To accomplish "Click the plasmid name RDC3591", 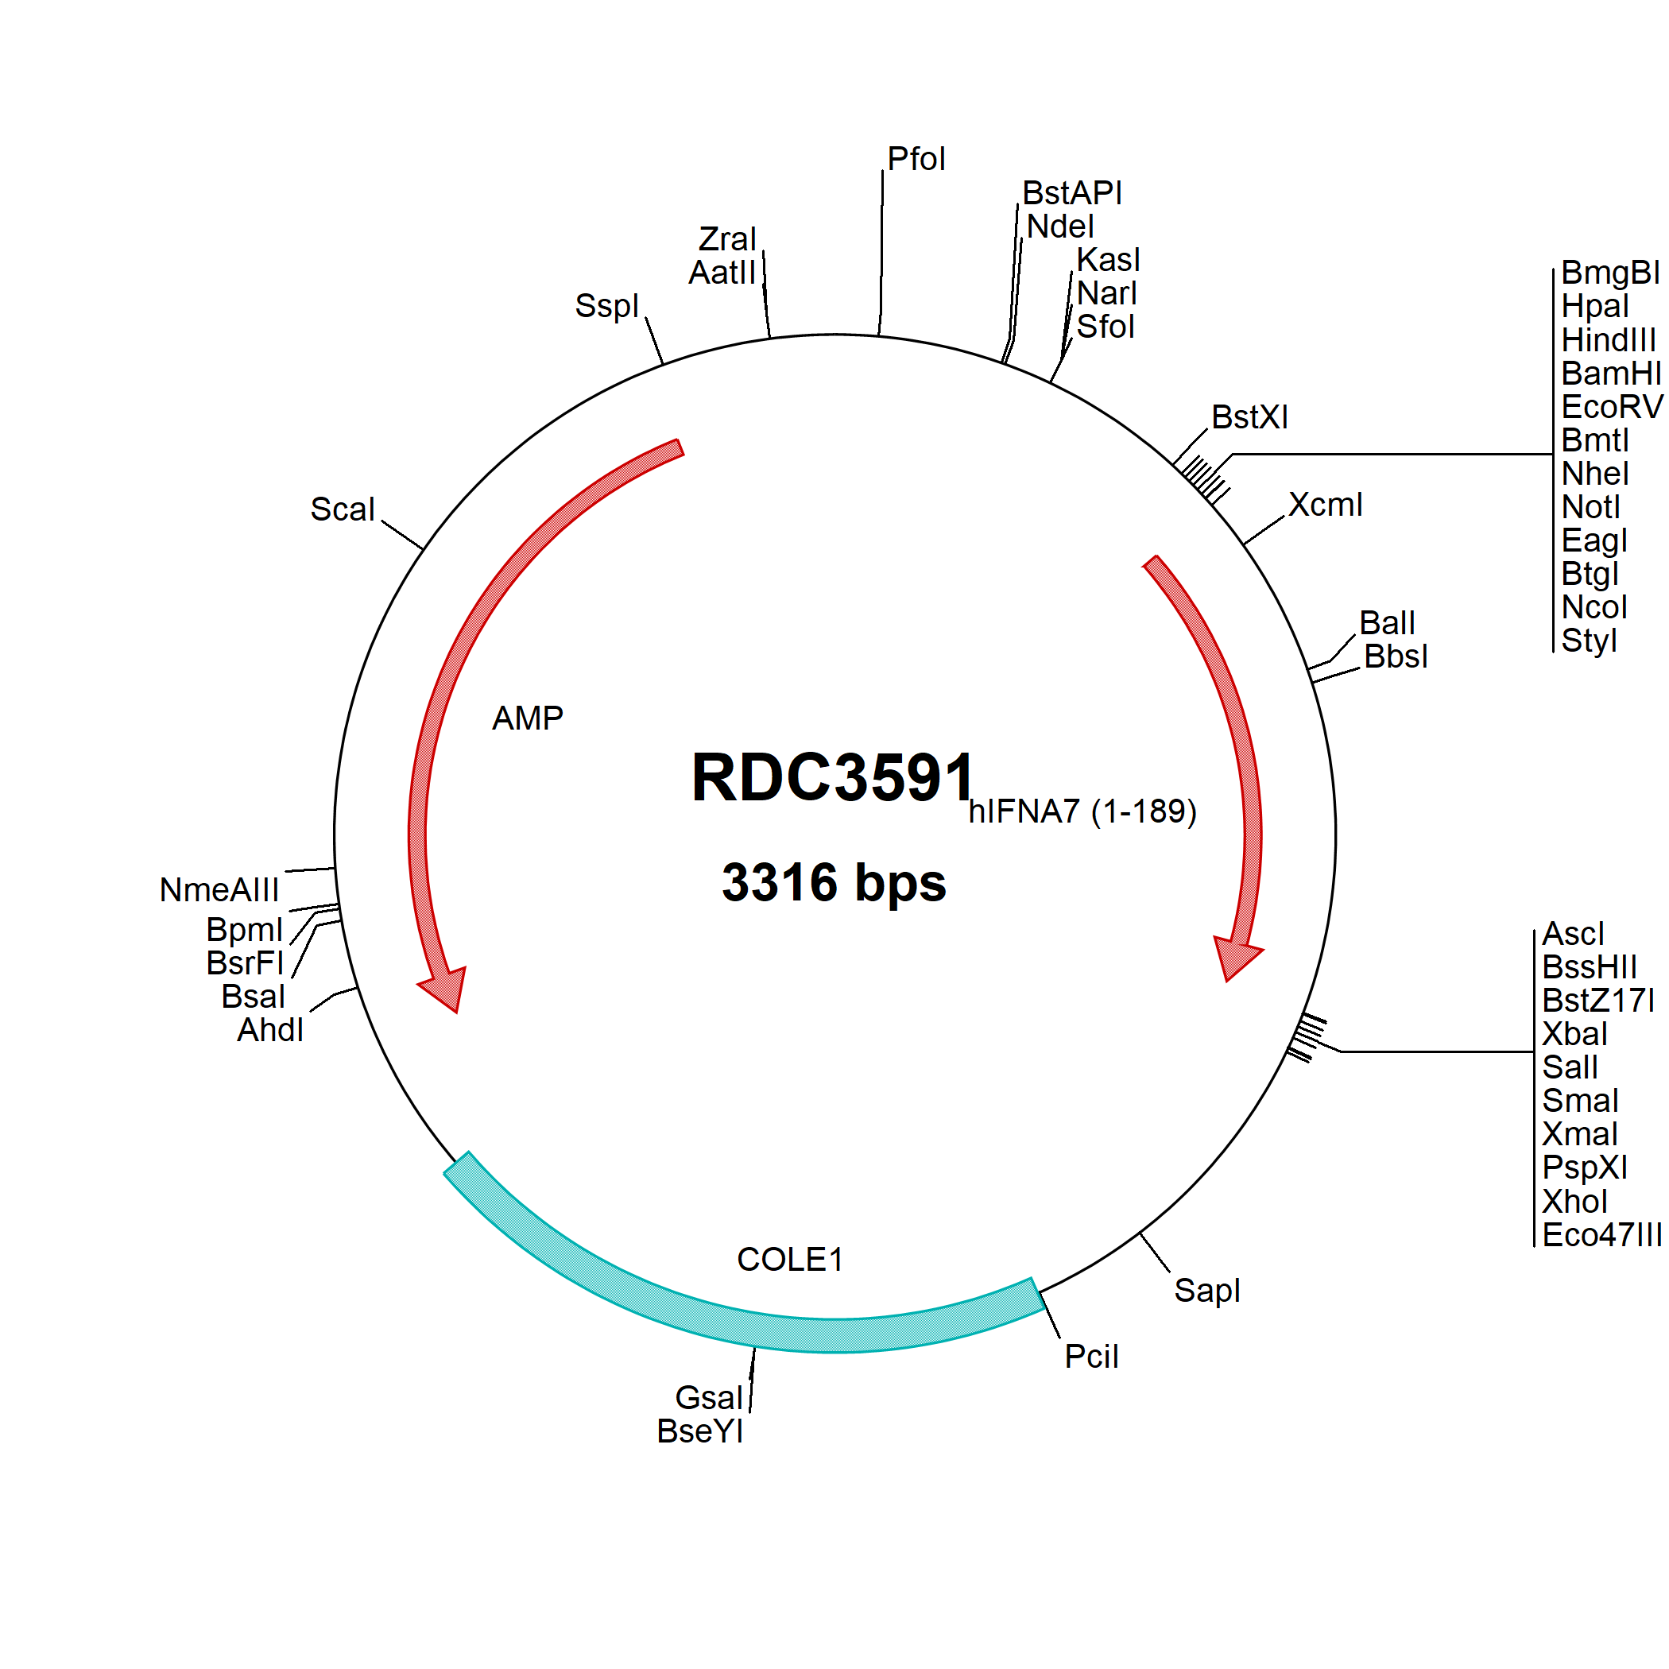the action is point(834,776).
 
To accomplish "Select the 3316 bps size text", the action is point(834,883).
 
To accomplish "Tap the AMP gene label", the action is point(527,718).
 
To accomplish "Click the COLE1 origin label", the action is point(789,1260).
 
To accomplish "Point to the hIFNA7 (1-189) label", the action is point(1082,811).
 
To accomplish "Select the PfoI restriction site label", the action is point(916,159).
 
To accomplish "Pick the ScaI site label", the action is point(343,509).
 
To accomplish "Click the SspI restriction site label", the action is point(606,306).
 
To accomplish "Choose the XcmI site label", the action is point(1325,505).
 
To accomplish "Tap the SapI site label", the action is point(1206,1291).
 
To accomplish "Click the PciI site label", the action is point(1091,1357).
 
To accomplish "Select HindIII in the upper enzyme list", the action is point(1609,339).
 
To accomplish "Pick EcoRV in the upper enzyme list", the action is point(1612,406).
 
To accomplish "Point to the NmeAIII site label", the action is point(219,890).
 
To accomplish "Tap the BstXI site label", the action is point(1249,417).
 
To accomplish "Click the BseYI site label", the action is point(699,1431).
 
